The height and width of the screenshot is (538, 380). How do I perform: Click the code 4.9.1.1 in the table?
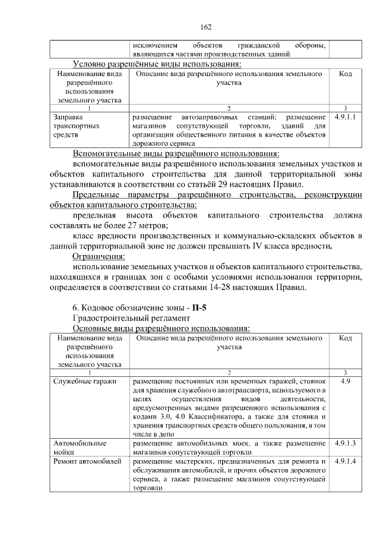[x=345, y=118]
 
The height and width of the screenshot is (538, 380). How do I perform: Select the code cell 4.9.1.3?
[x=345, y=443]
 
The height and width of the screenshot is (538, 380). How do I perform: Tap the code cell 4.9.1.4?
[x=345, y=461]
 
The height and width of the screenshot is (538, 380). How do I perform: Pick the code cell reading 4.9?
[x=345, y=382]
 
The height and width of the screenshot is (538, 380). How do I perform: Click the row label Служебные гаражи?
[x=84, y=382]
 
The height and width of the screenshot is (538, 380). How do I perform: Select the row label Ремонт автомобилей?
[x=87, y=461]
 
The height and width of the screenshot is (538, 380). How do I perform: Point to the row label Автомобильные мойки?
[x=80, y=448]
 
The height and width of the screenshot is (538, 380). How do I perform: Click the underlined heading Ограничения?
[x=99, y=256]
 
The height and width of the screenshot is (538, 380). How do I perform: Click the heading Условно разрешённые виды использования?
[x=157, y=64]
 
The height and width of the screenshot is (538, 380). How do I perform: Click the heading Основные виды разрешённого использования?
[x=160, y=328]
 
